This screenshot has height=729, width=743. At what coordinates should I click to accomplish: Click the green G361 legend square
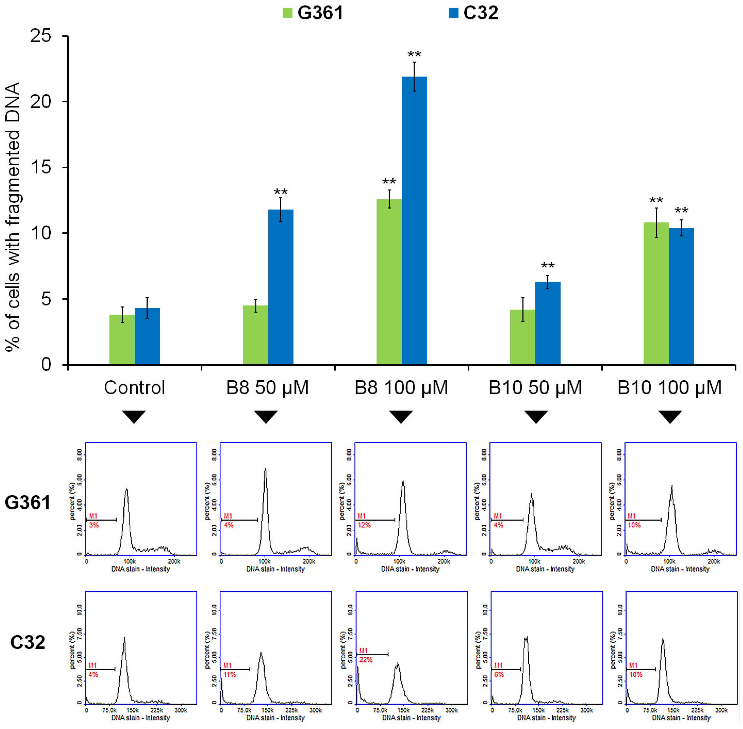(288, 13)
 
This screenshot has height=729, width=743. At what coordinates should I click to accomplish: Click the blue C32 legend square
(453, 13)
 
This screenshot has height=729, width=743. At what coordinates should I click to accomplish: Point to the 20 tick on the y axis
(41, 102)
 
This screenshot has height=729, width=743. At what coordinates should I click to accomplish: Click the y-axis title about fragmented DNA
(13, 216)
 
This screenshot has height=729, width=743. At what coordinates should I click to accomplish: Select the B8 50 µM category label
(267, 387)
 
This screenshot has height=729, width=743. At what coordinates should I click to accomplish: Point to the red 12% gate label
(364, 525)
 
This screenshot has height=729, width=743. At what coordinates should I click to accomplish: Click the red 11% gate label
(230, 674)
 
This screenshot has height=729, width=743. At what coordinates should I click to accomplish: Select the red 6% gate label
(499, 674)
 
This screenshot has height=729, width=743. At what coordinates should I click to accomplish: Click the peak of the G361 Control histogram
(126, 489)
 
